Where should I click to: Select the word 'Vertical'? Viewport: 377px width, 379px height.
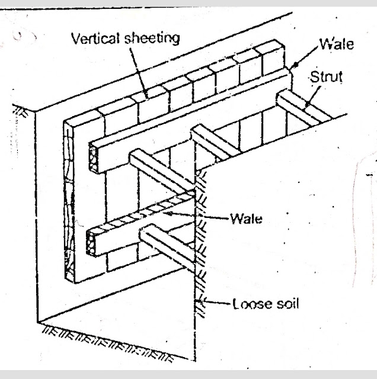pyautogui.click(x=93, y=40)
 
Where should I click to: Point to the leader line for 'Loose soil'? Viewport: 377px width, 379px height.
pyautogui.click(x=219, y=304)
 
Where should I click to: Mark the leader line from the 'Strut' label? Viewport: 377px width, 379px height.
pyautogui.click(x=314, y=95)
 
